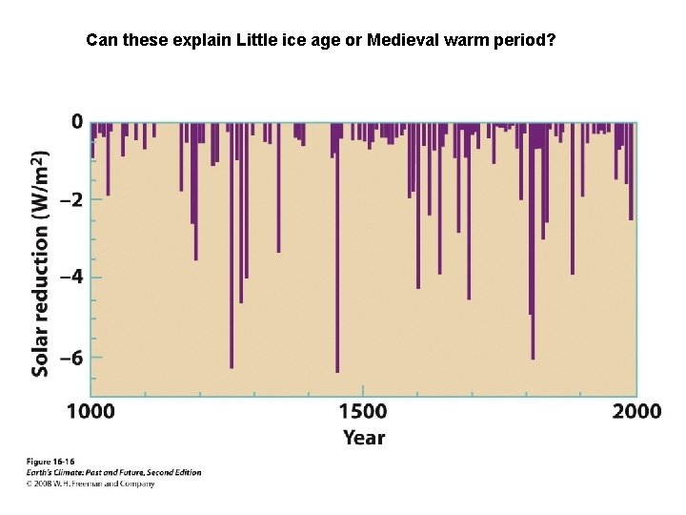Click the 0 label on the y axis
pyautogui.click(x=75, y=122)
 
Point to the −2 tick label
pyautogui.click(x=71, y=200)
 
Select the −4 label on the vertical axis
pyautogui.click(x=71, y=278)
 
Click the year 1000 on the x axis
pyautogui.click(x=91, y=412)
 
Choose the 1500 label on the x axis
pyautogui.click(x=362, y=412)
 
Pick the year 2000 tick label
pyautogui.click(x=636, y=412)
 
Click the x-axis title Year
pyautogui.click(x=363, y=438)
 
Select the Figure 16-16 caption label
pyautogui.click(x=50, y=462)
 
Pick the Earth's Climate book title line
pyautogui.click(x=112, y=472)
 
